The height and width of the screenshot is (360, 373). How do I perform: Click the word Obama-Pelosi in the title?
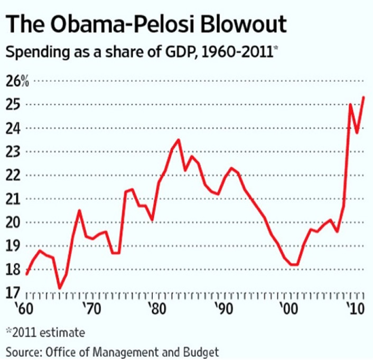[115, 24]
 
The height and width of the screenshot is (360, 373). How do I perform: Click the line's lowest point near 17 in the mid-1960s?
[59, 288]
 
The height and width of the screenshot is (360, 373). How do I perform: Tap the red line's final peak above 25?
[363, 97]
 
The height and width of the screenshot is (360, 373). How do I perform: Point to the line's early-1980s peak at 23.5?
[178, 140]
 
